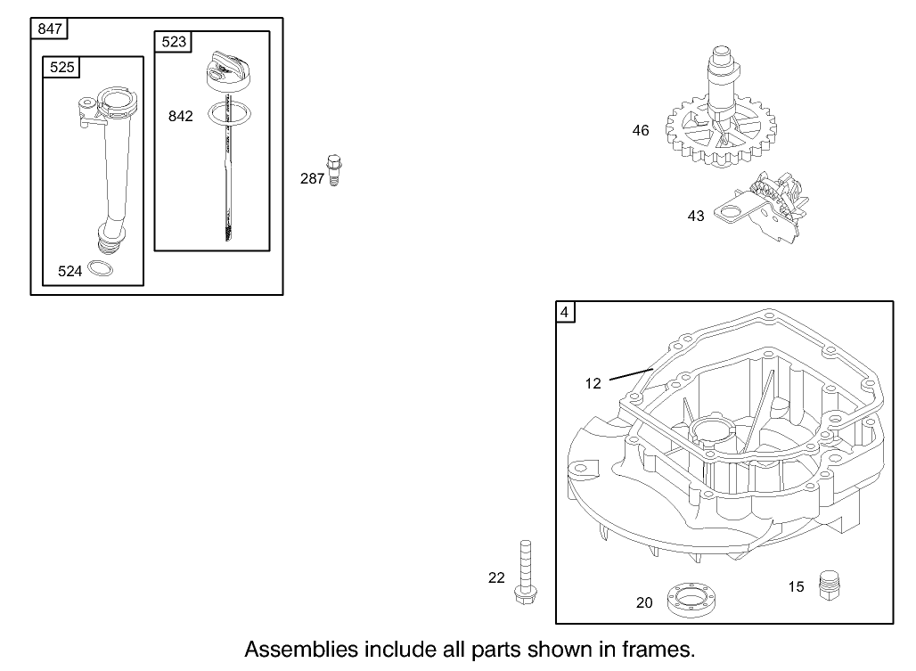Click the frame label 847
50,29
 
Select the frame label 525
63,67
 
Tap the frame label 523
174,42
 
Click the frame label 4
566,312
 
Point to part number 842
180,117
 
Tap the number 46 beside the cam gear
641,131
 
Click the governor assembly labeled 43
772,205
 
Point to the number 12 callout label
593,383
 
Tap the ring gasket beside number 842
227,114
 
